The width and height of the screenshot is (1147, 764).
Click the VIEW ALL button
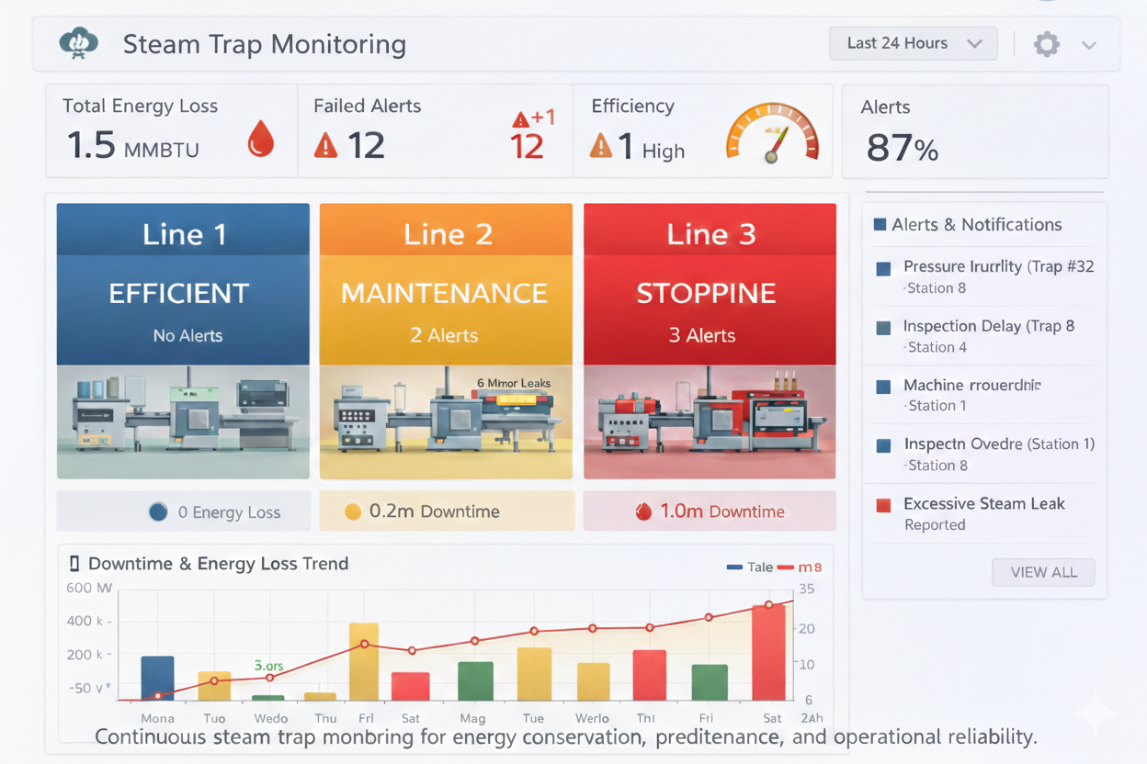(x=1043, y=572)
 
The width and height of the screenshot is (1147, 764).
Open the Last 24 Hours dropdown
(x=913, y=44)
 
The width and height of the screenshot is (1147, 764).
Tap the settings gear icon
(x=1046, y=44)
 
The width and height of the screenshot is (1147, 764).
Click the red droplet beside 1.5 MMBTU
(x=261, y=141)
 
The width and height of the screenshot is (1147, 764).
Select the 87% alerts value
(x=902, y=147)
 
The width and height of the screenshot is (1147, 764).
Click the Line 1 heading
(x=184, y=234)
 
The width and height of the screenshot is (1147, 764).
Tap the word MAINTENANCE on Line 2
(x=445, y=293)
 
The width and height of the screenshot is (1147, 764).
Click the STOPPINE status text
(x=706, y=293)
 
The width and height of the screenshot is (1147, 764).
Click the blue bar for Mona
(x=157, y=678)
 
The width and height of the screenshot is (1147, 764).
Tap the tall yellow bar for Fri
(x=364, y=661)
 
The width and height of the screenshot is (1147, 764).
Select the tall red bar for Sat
(x=768, y=652)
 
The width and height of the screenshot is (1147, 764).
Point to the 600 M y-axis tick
(x=89, y=588)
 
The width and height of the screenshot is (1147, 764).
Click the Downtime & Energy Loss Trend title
(x=218, y=564)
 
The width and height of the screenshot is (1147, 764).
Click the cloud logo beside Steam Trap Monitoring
(x=78, y=43)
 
